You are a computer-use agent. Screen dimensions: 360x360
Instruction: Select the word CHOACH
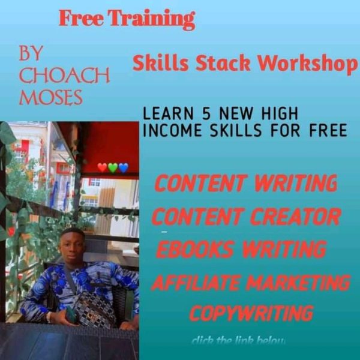[64, 76]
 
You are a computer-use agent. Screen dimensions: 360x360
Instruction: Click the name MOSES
[51, 97]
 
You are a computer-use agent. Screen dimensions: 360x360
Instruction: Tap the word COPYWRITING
[251, 313]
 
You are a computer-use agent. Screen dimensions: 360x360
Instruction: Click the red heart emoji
[102, 167]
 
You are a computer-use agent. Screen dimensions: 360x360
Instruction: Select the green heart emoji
[113, 167]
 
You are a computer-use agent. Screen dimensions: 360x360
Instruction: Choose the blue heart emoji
[124, 167]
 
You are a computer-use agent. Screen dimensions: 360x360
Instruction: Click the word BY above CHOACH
[31, 54]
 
